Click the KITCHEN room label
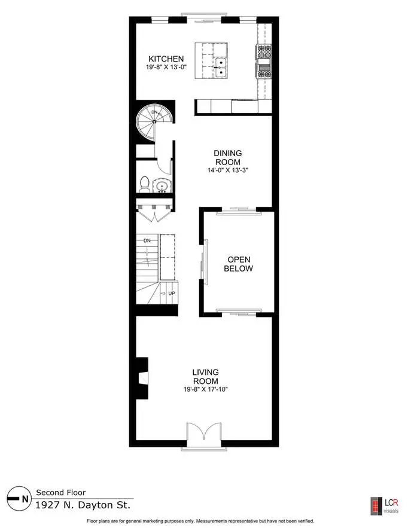point(166,59)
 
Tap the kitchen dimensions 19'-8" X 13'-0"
point(166,67)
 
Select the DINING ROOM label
point(228,158)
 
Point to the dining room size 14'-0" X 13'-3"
point(228,170)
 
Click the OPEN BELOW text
point(239,264)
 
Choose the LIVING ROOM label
point(206,377)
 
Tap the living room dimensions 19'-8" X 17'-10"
point(206,389)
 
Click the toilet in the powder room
point(145,184)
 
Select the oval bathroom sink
point(162,185)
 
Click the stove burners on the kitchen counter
point(264,62)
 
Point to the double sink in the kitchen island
point(221,68)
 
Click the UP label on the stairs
point(172,293)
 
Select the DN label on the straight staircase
point(147,241)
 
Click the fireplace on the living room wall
point(142,378)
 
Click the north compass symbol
point(17,498)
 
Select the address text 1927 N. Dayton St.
point(83,505)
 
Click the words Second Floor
point(61,492)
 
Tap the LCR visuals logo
point(385,506)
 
